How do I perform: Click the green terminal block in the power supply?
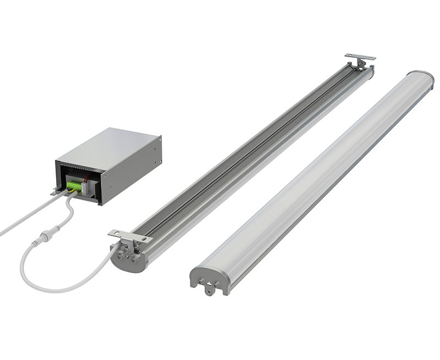74,186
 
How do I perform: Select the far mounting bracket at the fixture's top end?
360,57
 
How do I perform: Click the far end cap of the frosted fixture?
421,76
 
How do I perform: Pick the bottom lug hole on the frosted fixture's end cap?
209,291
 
